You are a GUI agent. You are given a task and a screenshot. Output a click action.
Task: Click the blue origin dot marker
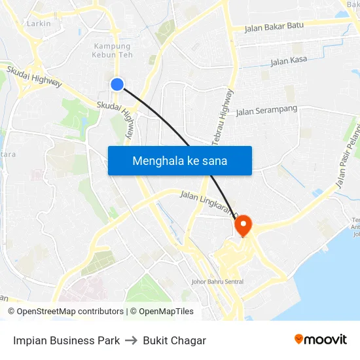[x=117, y=84]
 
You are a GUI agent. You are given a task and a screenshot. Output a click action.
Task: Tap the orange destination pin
[x=243, y=225]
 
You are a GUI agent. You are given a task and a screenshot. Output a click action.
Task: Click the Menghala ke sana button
[x=180, y=160]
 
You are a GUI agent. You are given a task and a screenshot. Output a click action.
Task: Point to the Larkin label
[x=39, y=24]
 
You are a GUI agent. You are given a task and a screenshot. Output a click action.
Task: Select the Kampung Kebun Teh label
[x=112, y=50]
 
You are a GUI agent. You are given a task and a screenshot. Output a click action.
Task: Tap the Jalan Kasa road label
[x=289, y=62]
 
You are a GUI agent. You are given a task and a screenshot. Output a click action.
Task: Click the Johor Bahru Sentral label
[x=217, y=282]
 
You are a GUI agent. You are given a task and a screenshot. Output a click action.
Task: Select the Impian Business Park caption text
[x=66, y=340]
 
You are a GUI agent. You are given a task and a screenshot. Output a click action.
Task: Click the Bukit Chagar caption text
[x=174, y=340]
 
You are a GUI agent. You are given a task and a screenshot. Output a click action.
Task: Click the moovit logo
[x=321, y=339]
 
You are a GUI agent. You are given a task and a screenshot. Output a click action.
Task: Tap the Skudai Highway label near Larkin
[x=35, y=75]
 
